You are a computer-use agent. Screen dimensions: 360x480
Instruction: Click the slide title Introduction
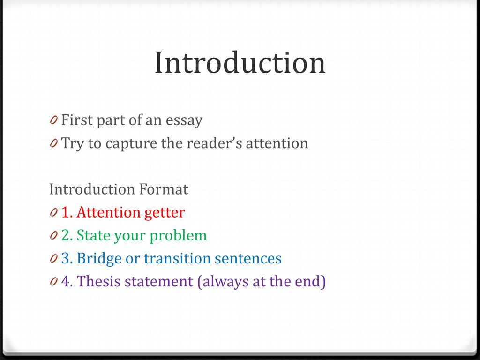pos(240,63)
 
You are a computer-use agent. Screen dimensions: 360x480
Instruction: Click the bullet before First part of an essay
pos(54,121)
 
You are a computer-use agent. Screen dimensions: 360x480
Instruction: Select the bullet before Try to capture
pos(54,144)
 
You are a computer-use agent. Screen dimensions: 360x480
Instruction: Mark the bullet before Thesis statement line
pos(54,282)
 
